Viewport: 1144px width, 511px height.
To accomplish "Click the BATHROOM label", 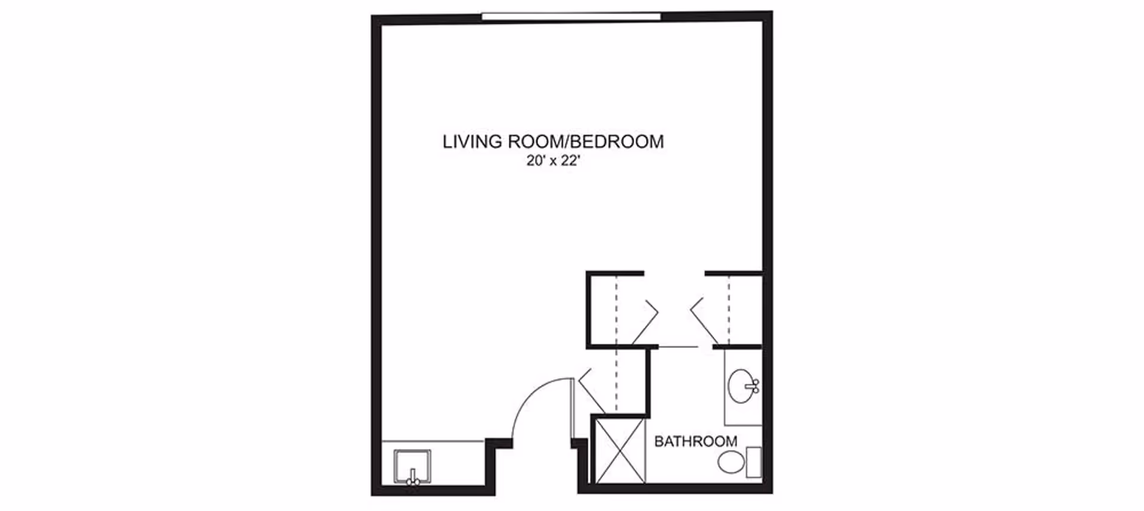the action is pyautogui.click(x=695, y=441).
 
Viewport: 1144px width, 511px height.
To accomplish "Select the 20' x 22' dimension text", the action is pyautogui.click(x=554, y=161).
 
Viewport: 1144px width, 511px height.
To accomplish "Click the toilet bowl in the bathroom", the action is pyautogui.click(x=732, y=462).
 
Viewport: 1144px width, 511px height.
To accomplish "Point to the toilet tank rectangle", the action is pyautogui.click(x=754, y=462).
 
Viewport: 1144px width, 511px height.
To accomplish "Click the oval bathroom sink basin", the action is pyautogui.click(x=742, y=387).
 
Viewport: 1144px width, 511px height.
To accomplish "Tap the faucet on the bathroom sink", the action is pyautogui.click(x=754, y=387).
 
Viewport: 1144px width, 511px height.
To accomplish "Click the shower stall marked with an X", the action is pyautogui.click(x=620, y=450).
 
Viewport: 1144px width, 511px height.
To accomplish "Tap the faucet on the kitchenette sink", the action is pyautogui.click(x=412, y=478).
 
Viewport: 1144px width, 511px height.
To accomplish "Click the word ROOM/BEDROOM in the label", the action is pyautogui.click(x=586, y=142).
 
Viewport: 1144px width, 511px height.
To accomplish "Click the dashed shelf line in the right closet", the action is pyautogui.click(x=728, y=310).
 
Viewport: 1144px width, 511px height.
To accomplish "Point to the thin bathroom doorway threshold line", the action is pyautogui.click(x=677, y=347).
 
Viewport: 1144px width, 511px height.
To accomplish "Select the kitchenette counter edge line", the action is pyautogui.click(x=433, y=441).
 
